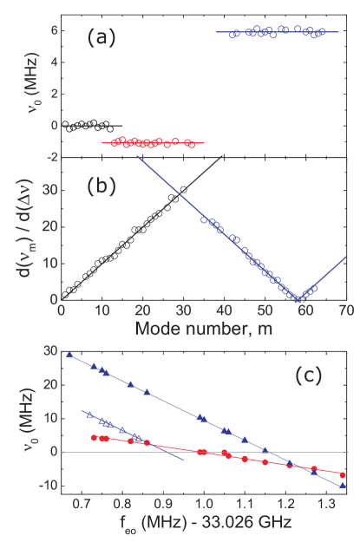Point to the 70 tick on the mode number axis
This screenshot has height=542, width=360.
click(x=345, y=311)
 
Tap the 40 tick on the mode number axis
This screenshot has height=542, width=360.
click(x=224, y=311)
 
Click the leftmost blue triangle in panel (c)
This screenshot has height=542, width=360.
click(x=69, y=354)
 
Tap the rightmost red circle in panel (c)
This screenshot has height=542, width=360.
click(x=343, y=474)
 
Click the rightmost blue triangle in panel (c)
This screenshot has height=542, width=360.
click(x=343, y=486)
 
